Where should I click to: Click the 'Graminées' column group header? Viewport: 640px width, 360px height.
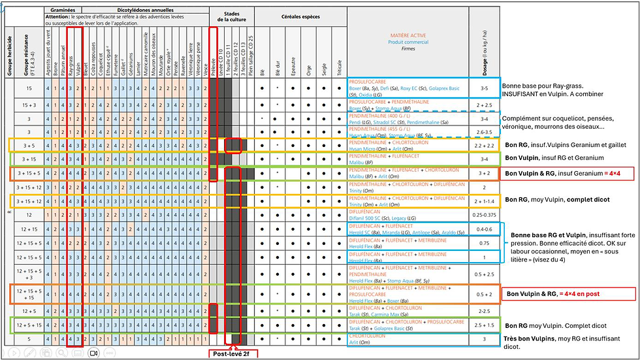coord(64,11)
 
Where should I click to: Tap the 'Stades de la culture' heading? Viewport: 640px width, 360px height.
coord(231,16)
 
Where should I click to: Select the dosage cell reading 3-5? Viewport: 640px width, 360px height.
coord(483,87)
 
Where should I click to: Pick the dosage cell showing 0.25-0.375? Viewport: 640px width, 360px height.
coord(483,214)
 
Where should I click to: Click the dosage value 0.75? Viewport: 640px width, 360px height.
coord(483,243)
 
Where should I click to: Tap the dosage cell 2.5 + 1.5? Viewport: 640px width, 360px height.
coord(483,325)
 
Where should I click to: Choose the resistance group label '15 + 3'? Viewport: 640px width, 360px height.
coord(29,103)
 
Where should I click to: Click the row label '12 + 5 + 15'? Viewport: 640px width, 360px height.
coord(29,325)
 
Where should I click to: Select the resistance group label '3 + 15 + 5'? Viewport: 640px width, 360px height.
coord(29,174)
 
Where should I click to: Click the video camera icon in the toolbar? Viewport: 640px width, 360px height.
coord(93,353)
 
